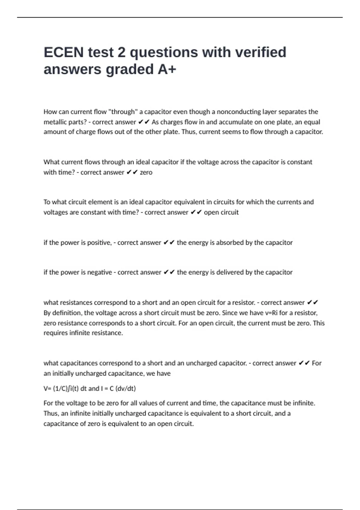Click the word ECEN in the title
coord(64,52)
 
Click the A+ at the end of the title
coord(166,69)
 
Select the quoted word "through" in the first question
coord(123,112)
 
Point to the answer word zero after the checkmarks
coord(146,172)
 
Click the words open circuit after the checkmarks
coord(221,212)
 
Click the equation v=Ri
coord(271,313)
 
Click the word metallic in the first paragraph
coord(54,122)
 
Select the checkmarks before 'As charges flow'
coord(144,122)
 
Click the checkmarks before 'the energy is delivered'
coord(169,272)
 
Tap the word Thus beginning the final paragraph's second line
coord(51,413)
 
